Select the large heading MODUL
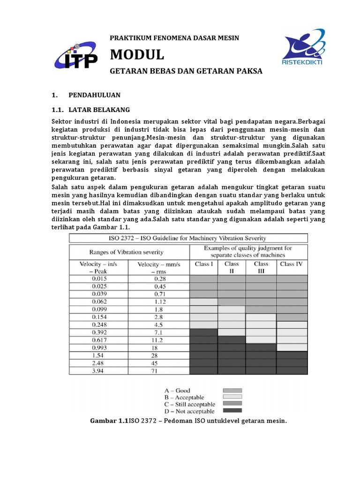coord(137,55)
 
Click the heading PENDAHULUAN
coord(94,95)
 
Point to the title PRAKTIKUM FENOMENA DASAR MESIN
coord(174,37)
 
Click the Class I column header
coord(203,264)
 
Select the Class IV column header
coord(292,264)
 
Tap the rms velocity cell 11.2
coord(159,340)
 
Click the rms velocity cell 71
coord(159,370)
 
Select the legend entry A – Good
coord(177,390)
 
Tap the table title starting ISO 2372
coord(188,238)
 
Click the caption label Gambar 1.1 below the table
coord(109,421)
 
